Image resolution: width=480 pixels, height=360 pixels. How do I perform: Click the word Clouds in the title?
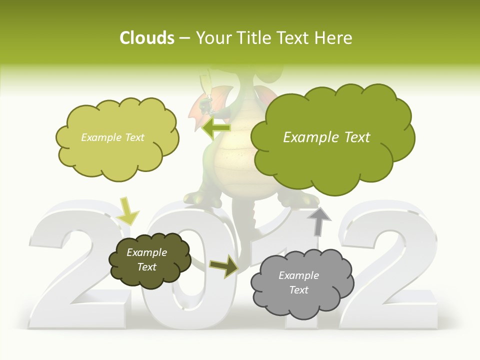[147, 38]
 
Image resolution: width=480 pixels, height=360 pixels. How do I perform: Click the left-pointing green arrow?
[216, 128]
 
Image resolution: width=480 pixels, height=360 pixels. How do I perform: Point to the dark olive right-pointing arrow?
[224, 266]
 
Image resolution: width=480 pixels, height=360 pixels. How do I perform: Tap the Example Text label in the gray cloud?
[298, 282]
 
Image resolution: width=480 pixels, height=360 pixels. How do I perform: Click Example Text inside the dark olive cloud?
[146, 259]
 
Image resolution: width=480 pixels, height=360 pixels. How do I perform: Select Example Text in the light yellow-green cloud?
[112, 137]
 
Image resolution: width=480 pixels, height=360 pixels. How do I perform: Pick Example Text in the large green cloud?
[326, 137]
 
